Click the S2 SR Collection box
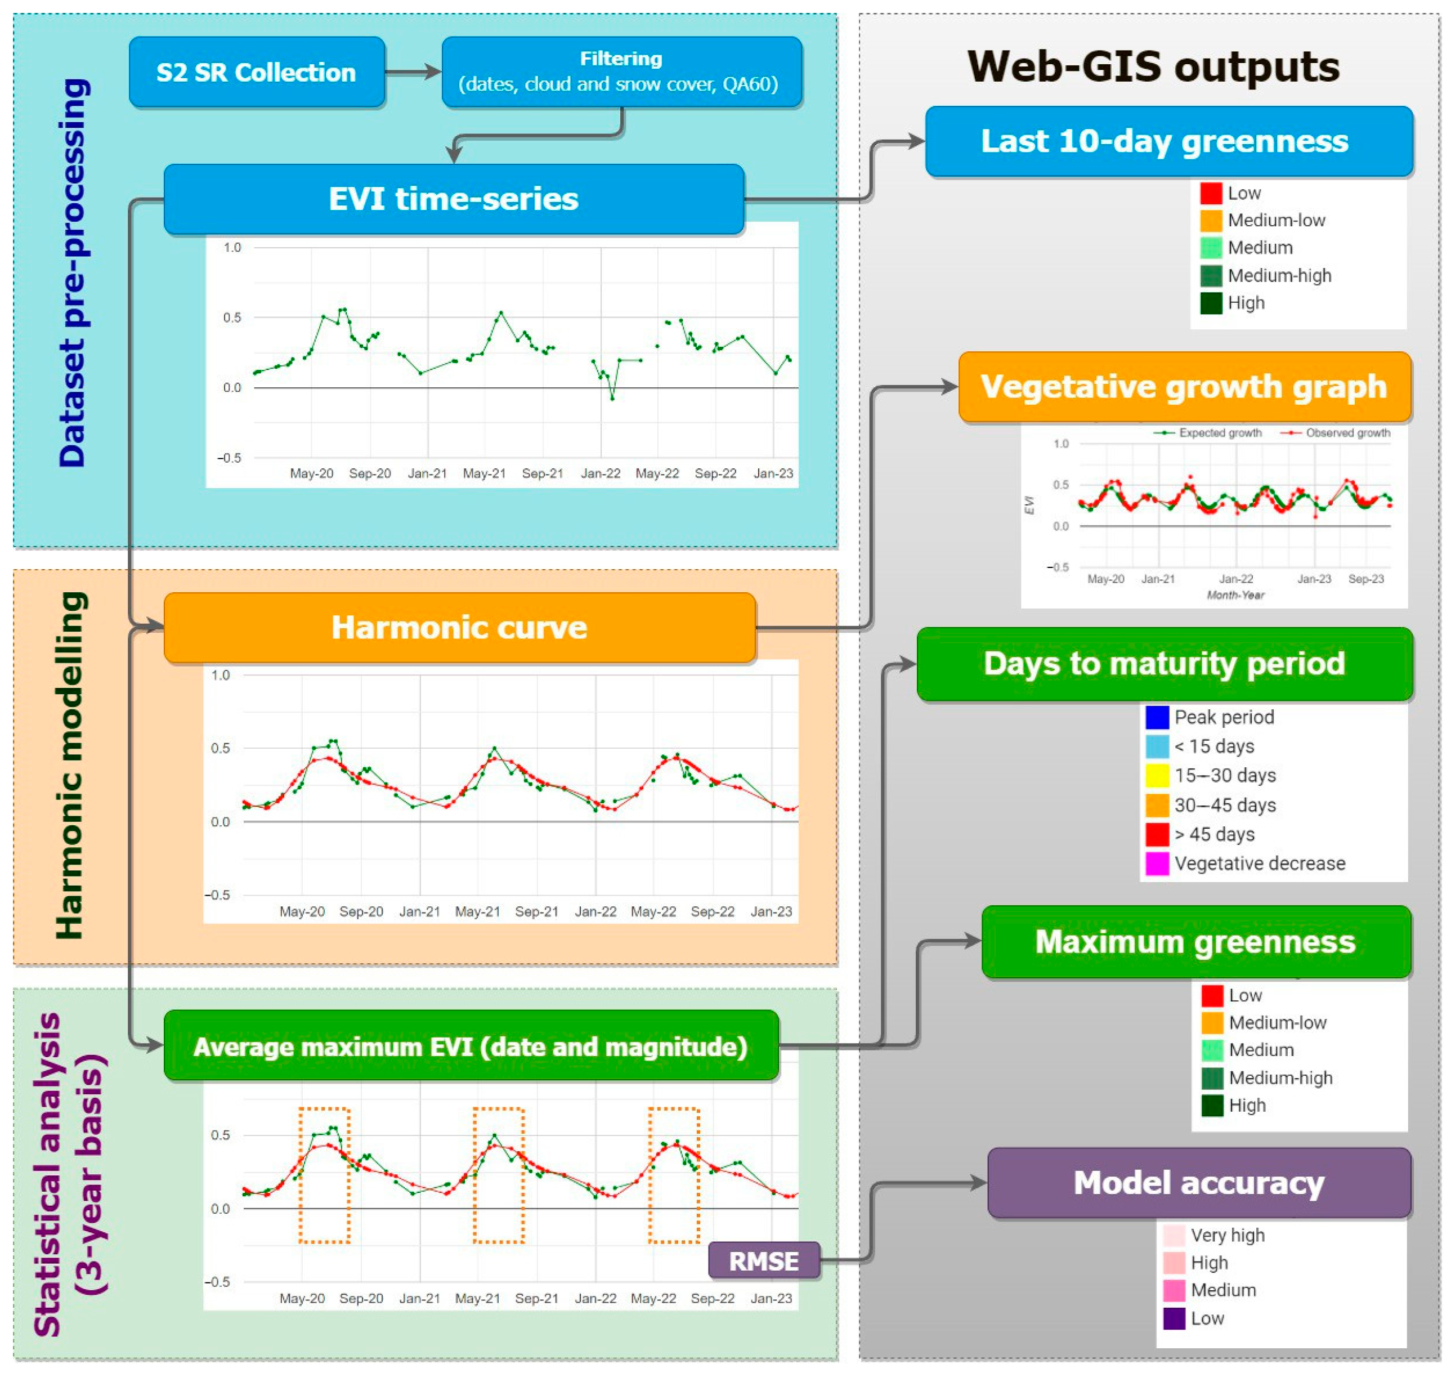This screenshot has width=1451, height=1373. (x=256, y=71)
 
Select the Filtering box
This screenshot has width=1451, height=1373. (x=621, y=71)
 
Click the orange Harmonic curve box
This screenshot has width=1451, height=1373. (x=459, y=627)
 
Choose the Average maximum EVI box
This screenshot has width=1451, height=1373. (x=471, y=1046)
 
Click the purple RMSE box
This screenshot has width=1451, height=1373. (x=763, y=1260)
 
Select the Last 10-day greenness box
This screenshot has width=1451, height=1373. (x=1168, y=141)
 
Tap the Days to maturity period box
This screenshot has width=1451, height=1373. (x=1164, y=664)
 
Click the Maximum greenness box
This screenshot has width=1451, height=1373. (x=1195, y=941)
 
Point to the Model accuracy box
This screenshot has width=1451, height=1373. (x=1198, y=1183)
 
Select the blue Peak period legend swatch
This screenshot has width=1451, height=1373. (x=1156, y=717)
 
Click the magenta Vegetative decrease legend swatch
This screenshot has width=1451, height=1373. (x=1156, y=864)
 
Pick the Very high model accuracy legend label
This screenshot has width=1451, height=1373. (x=1227, y=1236)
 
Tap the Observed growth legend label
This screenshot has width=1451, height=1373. (x=1348, y=433)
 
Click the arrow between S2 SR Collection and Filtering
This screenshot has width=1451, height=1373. (x=413, y=71)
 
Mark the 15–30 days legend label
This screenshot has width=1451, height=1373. (x=1225, y=776)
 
